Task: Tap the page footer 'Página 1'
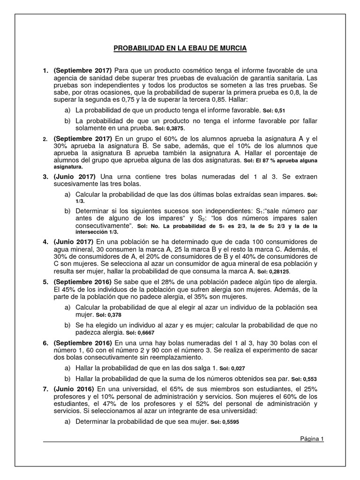[312, 439]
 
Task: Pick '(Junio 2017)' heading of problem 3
[75, 176]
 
